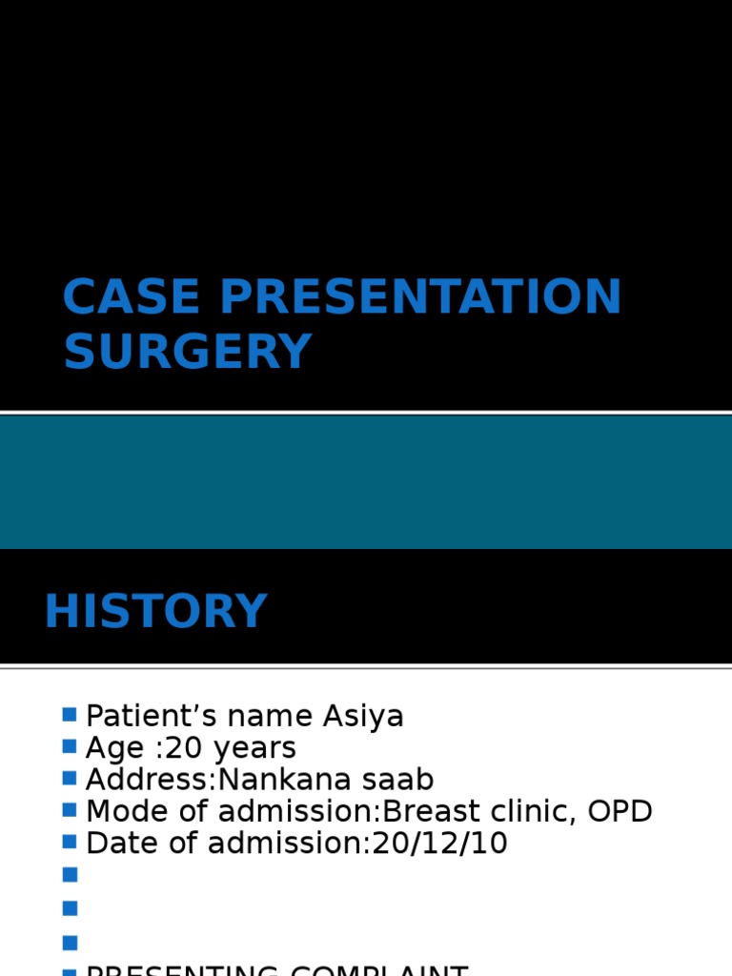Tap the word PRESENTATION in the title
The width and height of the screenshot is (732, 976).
(420, 297)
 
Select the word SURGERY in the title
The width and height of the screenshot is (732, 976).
(188, 352)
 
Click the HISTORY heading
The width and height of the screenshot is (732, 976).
(155, 612)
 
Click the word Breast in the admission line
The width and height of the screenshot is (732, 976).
(434, 811)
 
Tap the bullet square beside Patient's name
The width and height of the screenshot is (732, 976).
(70, 715)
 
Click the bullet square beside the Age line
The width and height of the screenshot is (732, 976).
(70, 746)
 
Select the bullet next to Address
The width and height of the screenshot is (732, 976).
(70, 778)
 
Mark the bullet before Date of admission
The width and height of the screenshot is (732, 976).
(70, 841)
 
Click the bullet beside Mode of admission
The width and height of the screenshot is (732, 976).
(70, 809)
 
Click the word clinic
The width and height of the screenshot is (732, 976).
(533, 811)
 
